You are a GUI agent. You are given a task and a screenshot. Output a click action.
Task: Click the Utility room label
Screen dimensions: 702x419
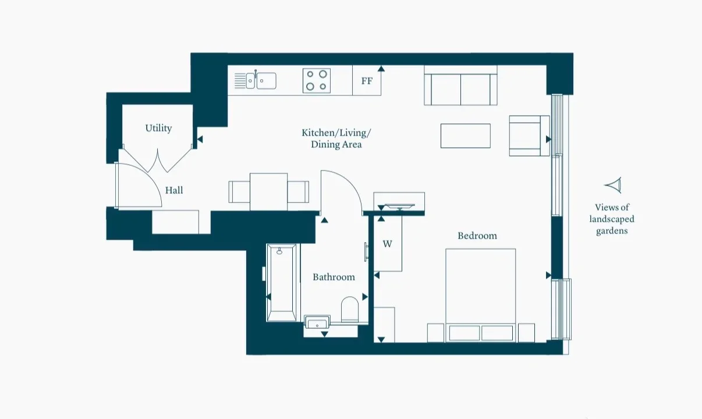[158, 128]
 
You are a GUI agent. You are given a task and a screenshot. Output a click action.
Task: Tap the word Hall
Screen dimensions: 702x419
[174, 190]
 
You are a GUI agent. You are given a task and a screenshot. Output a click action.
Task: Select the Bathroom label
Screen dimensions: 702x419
[334, 277]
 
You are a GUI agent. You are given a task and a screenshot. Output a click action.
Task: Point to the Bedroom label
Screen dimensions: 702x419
[477, 236]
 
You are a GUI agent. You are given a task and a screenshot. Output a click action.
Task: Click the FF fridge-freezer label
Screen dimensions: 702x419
[367, 81]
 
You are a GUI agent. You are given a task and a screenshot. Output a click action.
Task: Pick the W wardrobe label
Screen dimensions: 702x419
[387, 244]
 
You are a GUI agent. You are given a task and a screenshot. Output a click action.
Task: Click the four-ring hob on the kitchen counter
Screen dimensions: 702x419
[317, 80]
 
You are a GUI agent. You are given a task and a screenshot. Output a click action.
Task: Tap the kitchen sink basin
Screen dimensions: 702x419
[267, 81]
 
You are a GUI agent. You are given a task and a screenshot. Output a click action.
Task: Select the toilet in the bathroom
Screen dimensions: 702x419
[349, 310]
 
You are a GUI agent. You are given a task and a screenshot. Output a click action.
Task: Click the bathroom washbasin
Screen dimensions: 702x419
[317, 322]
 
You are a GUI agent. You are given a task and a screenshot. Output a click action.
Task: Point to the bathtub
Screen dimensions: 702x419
[281, 283]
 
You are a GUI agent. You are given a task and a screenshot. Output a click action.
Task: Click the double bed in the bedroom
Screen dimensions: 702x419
[480, 295]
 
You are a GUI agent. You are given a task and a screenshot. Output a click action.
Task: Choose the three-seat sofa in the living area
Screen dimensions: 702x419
[460, 85]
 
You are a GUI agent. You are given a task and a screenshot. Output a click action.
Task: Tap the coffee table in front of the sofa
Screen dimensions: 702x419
[466, 136]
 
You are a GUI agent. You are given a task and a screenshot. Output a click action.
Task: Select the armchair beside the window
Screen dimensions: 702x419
[529, 136]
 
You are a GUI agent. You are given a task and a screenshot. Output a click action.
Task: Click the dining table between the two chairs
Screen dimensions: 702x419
[268, 192]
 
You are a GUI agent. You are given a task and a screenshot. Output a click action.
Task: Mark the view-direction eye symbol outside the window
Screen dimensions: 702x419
[614, 185]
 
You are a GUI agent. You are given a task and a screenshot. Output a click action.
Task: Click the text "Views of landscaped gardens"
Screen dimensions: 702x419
[612, 219]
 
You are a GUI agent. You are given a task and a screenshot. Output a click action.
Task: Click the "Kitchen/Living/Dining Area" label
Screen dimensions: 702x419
[336, 139]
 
